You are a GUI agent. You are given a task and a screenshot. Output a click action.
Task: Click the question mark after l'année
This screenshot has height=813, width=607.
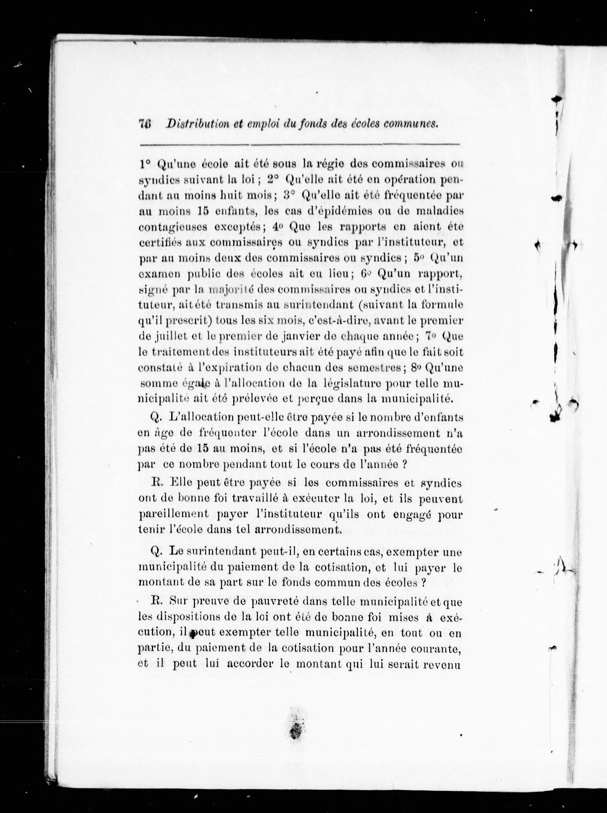(404, 464)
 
